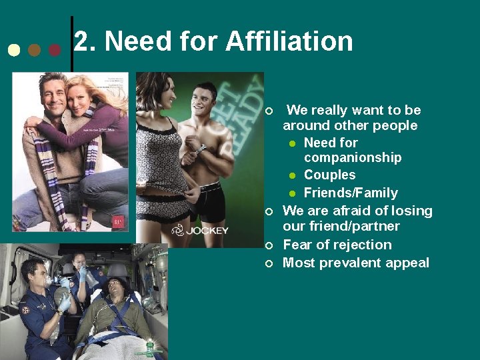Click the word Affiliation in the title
pos(289,41)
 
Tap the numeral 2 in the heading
pos(81,41)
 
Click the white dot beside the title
pos(13,50)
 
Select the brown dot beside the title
pos(35,50)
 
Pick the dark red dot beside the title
pos(55,50)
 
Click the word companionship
pos(353,158)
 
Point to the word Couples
pos(329,175)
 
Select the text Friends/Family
pos(351,193)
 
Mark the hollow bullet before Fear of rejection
pos(269,246)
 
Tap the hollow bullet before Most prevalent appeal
pos(269,264)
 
